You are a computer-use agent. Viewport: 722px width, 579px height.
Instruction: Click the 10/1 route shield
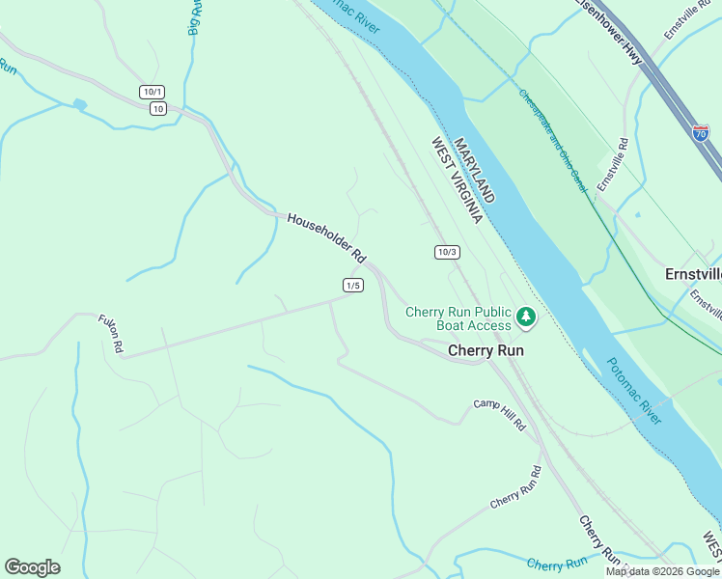pyautogui.click(x=152, y=92)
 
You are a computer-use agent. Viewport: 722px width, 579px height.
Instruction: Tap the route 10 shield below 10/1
pyautogui.click(x=157, y=108)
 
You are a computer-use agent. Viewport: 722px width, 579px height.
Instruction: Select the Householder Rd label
pyautogui.click(x=325, y=238)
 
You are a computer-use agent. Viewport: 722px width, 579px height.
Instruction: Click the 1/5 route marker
pyautogui.click(x=352, y=285)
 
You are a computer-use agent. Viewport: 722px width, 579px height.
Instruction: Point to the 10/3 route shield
pyautogui.click(x=446, y=252)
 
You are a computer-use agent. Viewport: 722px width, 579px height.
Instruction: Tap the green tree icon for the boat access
pyautogui.click(x=525, y=316)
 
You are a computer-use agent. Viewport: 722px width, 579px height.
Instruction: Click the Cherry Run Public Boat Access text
pyautogui.click(x=458, y=318)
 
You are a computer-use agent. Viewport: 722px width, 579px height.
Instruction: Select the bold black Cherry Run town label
pyautogui.click(x=486, y=351)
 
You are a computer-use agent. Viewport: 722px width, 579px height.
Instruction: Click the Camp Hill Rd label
pyautogui.click(x=498, y=413)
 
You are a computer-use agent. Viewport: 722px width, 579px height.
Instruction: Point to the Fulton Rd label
pyautogui.click(x=110, y=333)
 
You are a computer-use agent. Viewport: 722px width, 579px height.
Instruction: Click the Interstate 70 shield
pyautogui.click(x=702, y=132)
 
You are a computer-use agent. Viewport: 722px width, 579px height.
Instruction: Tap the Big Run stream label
pyautogui.click(x=195, y=17)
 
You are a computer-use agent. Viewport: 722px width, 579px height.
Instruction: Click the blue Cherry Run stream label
pyautogui.click(x=558, y=564)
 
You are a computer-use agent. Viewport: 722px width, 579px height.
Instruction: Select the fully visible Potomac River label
pyautogui.click(x=634, y=391)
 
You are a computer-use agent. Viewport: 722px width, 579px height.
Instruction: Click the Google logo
pyautogui.click(x=32, y=567)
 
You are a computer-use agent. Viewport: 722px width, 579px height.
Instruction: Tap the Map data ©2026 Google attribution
pyautogui.click(x=662, y=571)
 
